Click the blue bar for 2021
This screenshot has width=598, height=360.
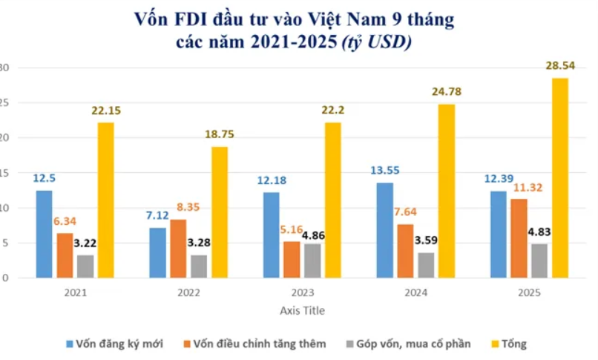pyautogui.click(x=45, y=234)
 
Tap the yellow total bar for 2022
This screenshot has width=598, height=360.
pyautogui.click(x=220, y=212)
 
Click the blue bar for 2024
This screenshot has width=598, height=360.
pyautogui.click(x=384, y=230)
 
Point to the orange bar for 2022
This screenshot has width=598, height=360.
pyautogui.click(x=178, y=249)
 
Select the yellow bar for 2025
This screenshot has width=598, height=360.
pyautogui.click(x=559, y=178)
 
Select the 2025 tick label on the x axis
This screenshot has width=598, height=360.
pyautogui.click(x=528, y=293)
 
